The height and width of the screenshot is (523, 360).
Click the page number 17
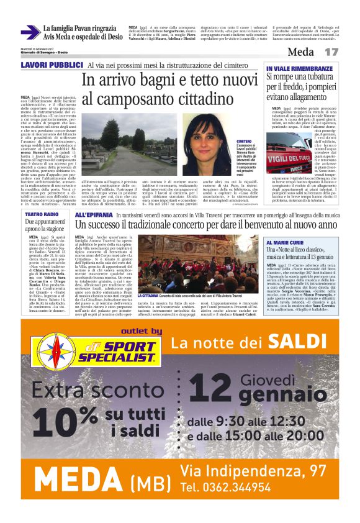pos(331,52)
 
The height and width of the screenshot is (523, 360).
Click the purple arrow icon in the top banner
pos(29,32)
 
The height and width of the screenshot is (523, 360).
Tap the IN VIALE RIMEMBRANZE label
pos(290,68)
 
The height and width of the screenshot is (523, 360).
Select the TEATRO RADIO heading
pos(42,214)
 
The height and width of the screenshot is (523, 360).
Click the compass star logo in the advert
pos(49,352)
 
